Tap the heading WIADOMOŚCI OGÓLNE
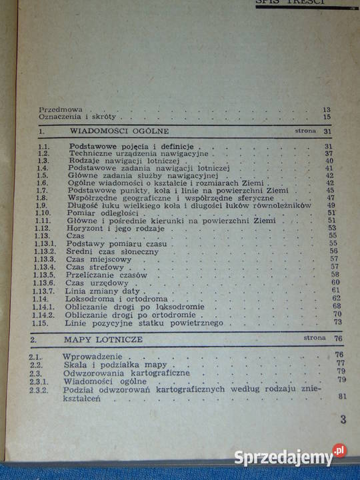119,131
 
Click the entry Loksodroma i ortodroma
111,299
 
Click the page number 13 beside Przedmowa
326,109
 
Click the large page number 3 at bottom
343,419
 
